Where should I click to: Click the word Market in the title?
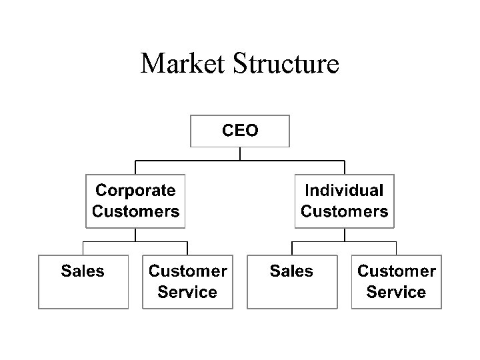pos(185,64)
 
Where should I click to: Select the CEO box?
pos(240,131)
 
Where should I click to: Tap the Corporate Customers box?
pos(135,201)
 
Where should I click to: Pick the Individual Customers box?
pos(344,201)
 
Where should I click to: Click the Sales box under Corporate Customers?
pos(83,281)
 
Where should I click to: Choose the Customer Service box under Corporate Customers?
pos(187,281)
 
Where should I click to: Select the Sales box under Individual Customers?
pos(291,281)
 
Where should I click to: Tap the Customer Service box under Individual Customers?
pos(397,281)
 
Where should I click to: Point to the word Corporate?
pos(135,191)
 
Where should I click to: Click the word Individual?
pos(344,191)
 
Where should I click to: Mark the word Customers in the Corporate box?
pos(135,212)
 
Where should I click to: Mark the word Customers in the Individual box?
pos(344,212)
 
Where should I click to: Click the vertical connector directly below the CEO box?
pos(240,154)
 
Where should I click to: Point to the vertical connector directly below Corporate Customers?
pos(136,235)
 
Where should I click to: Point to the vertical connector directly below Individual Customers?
pos(344,235)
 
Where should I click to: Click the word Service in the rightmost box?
pos(397,292)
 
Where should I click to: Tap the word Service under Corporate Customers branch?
pos(187,292)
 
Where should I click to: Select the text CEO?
pos(240,131)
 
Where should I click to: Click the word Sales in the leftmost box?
pos(83,271)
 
